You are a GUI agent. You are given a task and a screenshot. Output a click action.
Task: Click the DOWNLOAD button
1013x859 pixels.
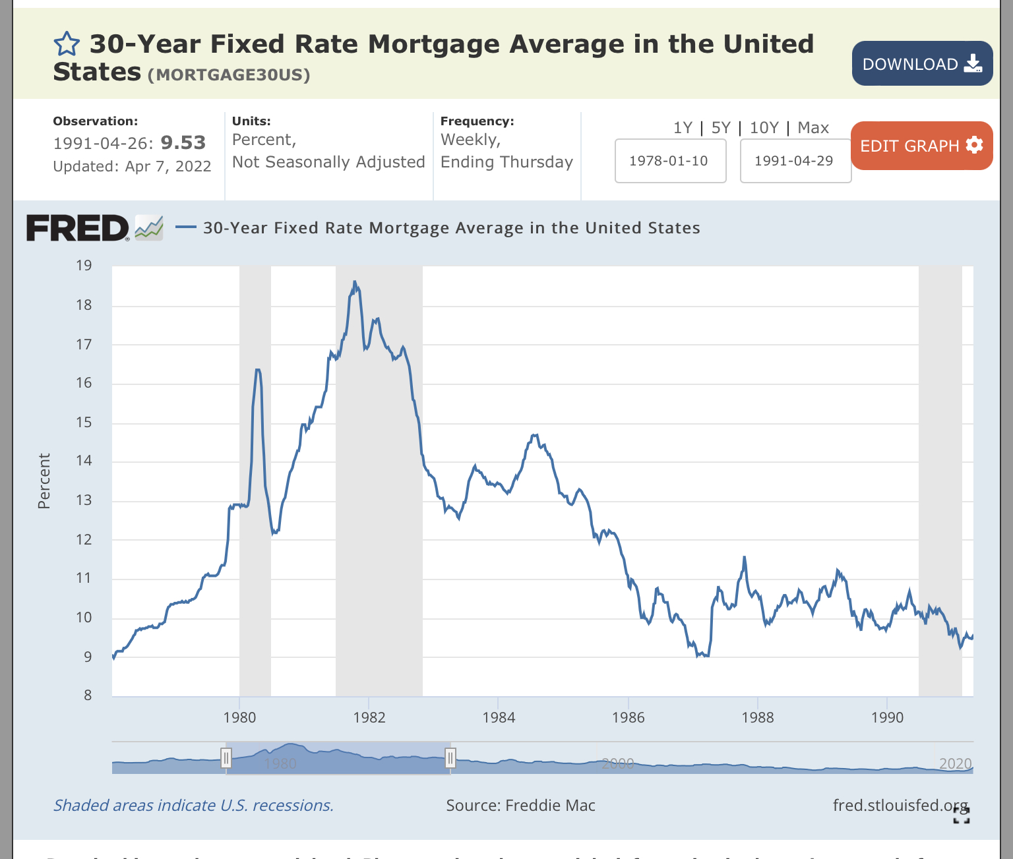point(922,63)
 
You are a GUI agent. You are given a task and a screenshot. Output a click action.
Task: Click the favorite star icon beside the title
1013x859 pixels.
point(67,45)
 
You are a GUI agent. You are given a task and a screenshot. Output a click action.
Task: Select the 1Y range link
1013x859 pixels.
point(683,128)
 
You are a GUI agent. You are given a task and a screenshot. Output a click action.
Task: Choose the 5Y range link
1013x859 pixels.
point(721,128)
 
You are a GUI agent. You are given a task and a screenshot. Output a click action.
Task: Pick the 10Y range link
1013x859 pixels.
point(764,128)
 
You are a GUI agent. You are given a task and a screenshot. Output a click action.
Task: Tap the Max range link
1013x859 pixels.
point(813,128)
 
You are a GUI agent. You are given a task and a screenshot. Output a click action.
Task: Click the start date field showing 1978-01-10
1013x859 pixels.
point(670,161)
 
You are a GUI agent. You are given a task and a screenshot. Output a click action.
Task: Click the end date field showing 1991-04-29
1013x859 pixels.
point(795,161)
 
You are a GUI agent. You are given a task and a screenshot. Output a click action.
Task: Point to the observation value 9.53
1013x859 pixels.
point(183,142)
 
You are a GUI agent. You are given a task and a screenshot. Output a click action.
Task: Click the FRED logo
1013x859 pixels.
point(78,228)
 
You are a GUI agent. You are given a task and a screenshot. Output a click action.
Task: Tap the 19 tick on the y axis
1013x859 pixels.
point(84,266)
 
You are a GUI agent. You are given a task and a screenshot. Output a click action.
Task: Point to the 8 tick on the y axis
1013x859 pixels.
point(88,695)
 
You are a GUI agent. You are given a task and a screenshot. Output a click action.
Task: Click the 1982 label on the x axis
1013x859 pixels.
point(369,717)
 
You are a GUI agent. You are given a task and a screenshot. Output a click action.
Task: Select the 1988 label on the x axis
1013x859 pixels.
point(758,717)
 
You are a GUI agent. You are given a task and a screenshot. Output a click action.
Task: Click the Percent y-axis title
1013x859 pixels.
point(44,481)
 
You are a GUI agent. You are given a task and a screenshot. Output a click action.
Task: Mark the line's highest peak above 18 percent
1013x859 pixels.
point(355,282)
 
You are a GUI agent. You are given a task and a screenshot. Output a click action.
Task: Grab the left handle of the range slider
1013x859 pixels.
point(226,757)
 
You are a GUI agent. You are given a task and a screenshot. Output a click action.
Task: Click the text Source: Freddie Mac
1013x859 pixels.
point(520,805)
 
